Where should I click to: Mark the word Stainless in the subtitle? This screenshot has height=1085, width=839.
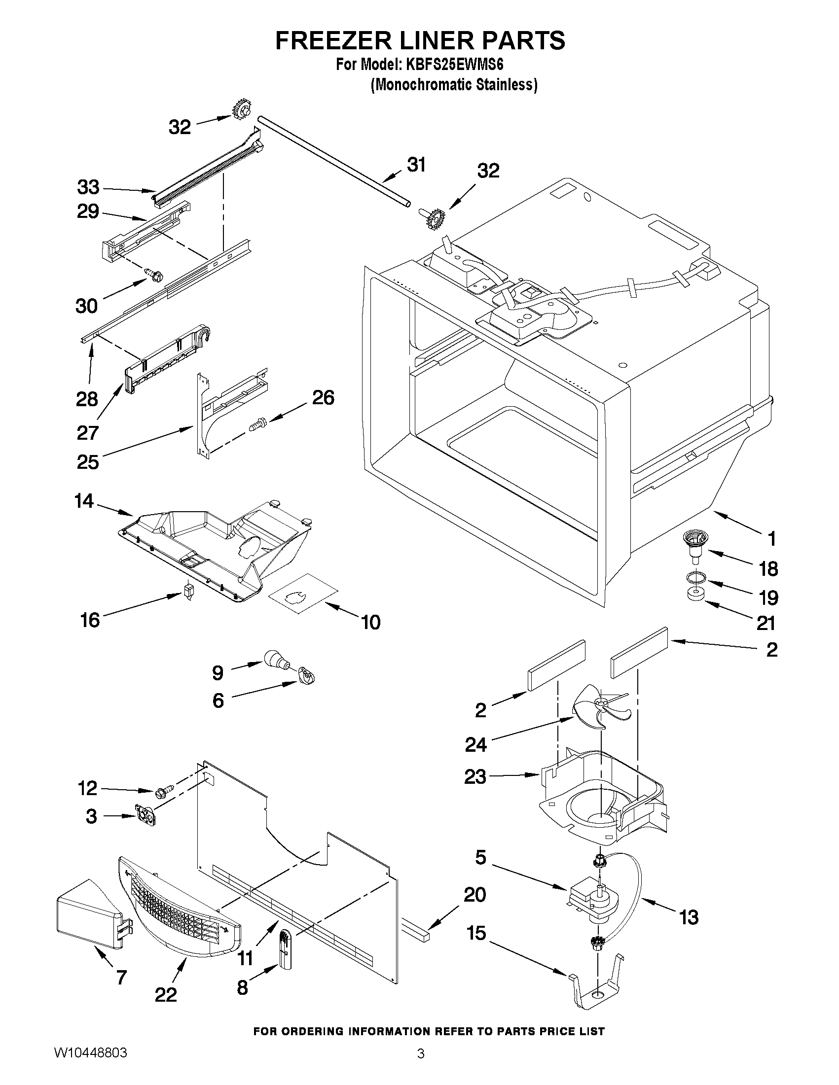point(504,85)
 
